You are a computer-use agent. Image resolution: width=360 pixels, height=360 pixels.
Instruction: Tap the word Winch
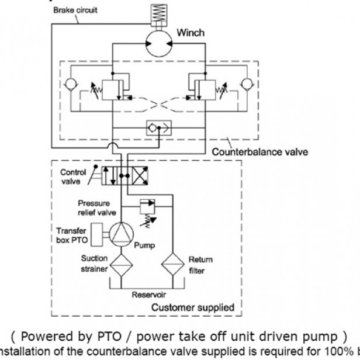pyautogui.click(x=191, y=33)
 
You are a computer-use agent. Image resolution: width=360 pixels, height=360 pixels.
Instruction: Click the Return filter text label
pyautogui.click(x=200, y=264)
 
